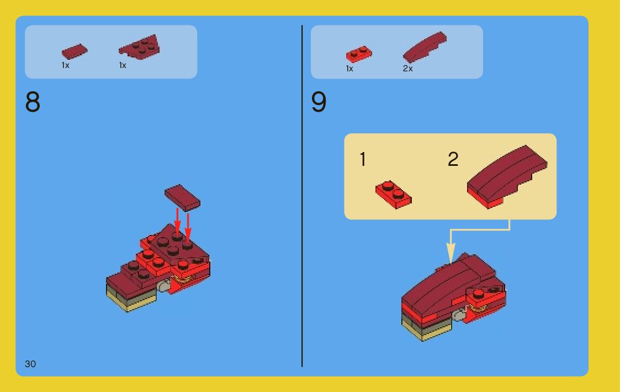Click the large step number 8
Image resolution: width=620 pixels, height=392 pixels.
(33, 102)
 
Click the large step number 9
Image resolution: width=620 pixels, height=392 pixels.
(319, 102)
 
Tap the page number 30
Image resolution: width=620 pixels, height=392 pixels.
(30, 364)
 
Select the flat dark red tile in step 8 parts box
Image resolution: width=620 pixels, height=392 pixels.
(75, 51)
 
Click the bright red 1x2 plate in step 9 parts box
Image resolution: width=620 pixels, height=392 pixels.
(359, 54)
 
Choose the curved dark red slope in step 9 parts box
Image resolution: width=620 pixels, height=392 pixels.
(425, 47)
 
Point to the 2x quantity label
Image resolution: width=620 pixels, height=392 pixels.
(407, 69)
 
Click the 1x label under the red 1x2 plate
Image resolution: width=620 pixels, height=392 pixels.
(349, 69)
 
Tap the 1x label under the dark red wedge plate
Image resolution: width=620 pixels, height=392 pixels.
(123, 65)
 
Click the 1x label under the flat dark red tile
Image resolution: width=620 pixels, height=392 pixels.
(65, 65)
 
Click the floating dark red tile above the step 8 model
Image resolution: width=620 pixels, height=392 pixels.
(182, 197)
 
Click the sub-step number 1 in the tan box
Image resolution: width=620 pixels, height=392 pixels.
(363, 159)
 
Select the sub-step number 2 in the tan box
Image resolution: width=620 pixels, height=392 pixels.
(453, 159)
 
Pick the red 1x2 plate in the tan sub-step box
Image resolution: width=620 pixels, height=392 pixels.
(394, 195)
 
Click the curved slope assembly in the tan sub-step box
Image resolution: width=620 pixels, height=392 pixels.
(507, 176)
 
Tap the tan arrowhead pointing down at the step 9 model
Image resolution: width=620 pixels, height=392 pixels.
(451, 253)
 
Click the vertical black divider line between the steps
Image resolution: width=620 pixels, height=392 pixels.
(302, 196)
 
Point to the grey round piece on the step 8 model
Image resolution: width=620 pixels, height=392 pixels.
(164, 286)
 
